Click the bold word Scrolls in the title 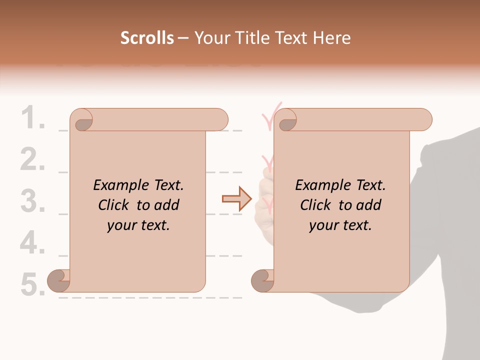[147, 38]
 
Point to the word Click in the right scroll [315, 205]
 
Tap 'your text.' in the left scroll [138, 225]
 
